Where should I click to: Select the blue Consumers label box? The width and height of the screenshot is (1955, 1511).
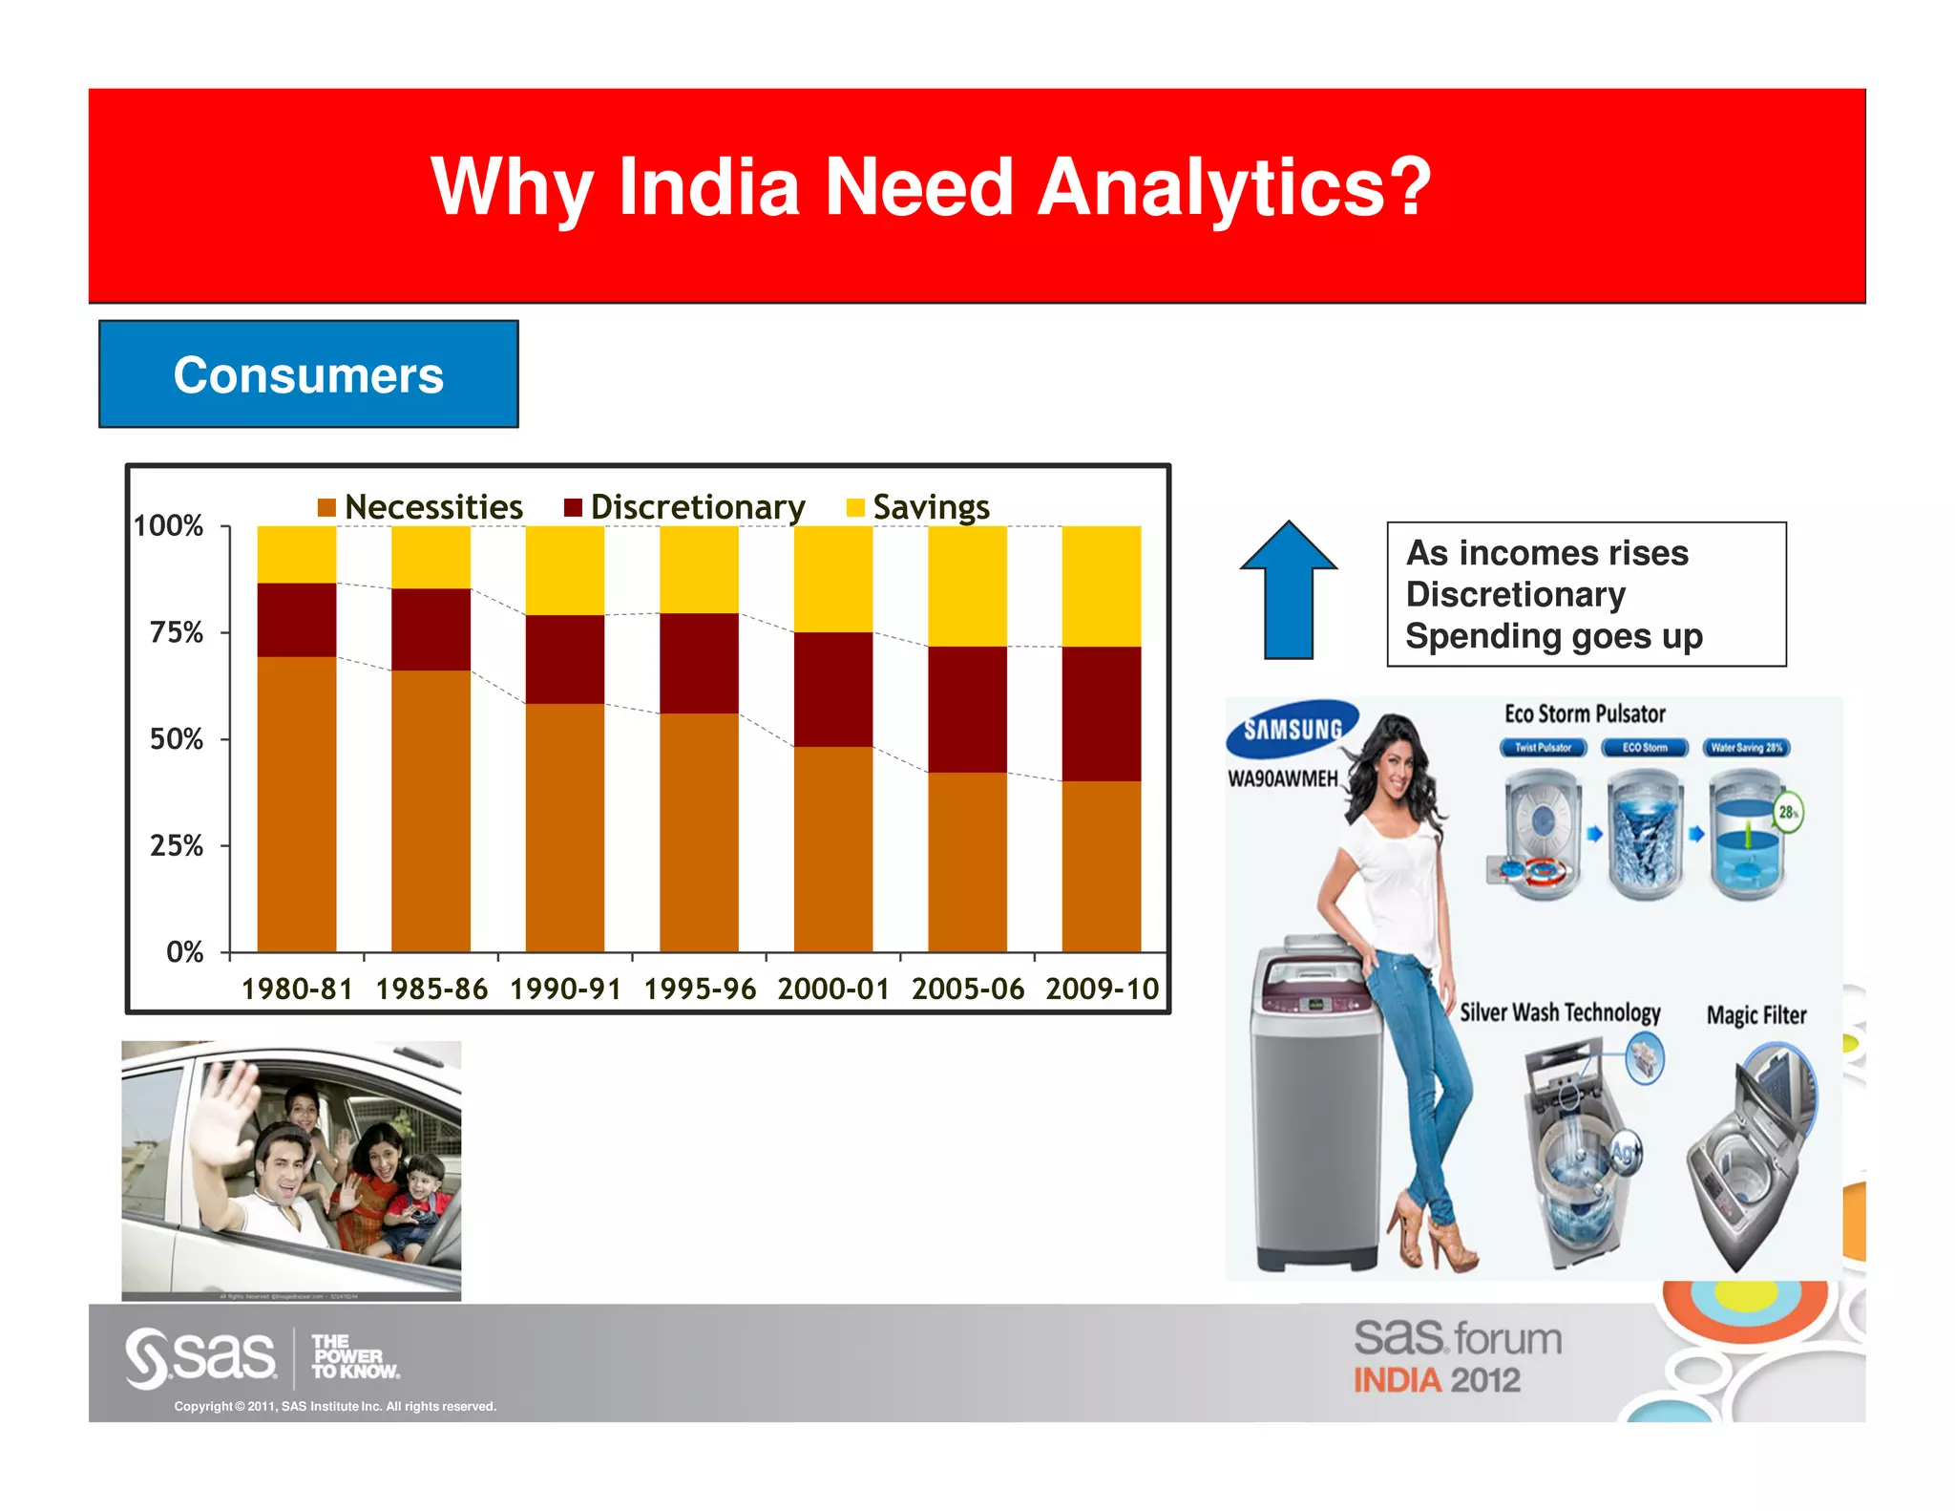pos(308,374)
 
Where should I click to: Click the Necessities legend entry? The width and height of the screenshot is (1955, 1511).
pos(421,507)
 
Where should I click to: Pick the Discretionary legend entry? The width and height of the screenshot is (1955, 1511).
pos(685,507)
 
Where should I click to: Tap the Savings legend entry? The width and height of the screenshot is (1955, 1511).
pos(918,507)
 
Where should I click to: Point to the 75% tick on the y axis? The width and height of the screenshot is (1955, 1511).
pos(177,632)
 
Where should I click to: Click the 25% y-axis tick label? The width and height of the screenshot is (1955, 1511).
pos(177,845)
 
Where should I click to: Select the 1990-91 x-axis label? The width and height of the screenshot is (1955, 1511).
pos(565,989)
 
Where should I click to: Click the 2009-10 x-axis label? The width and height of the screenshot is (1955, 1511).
pos(1102,989)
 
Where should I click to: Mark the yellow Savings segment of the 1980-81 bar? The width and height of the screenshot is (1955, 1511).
pos(297,554)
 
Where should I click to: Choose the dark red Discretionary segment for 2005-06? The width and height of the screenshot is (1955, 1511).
pos(967,709)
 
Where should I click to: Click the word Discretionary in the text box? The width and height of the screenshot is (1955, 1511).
pos(1515,595)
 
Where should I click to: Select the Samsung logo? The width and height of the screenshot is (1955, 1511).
pos(1292,730)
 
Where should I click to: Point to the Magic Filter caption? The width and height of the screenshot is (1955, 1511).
pos(1756,1015)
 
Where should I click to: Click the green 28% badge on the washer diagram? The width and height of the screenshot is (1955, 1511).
pos(1788,812)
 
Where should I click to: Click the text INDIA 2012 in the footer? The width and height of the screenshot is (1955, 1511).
pos(1437,1380)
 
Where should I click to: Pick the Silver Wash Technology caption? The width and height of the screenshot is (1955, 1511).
pos(1560,1012)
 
